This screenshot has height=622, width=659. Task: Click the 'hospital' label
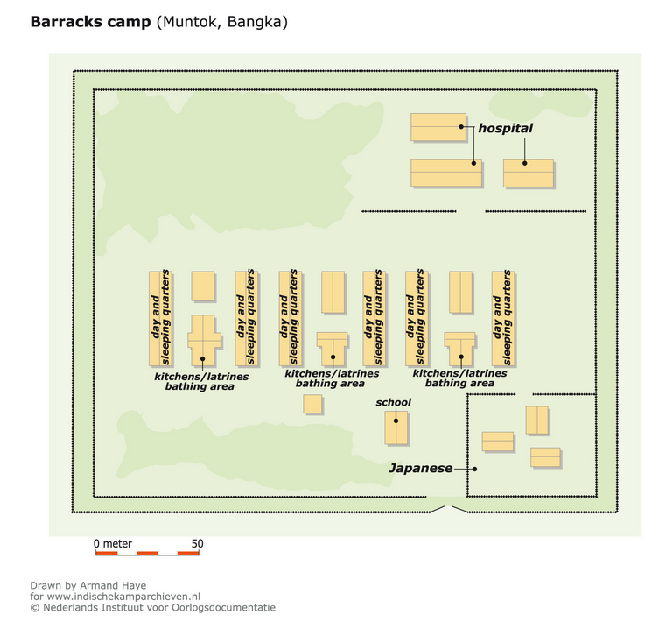(x=505, y=128)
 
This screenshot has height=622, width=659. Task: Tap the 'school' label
(x=393, y=402)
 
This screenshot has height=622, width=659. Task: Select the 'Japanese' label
(x=420, y=468)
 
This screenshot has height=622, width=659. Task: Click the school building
(x=396, y=428)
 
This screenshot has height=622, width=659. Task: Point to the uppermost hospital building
(x=438, y=127)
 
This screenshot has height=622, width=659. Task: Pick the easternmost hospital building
(x=529, y=173)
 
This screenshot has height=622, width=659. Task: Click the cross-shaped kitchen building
(x=204, y=340)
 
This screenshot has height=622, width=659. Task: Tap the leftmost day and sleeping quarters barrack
(x=159, y=318)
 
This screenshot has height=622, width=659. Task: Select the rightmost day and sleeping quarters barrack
(x=502, y=318)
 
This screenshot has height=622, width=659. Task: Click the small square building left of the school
(x=312, y=404)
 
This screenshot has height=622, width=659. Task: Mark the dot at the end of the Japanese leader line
(x=474, y=469)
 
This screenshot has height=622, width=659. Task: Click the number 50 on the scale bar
(x=197, y=544)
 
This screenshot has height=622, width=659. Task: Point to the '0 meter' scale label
(x=113, y=544)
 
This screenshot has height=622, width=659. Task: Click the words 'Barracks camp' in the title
(x=90, y=21)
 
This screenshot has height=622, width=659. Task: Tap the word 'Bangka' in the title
(x=255, y=22)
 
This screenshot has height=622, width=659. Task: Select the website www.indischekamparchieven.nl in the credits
(x=123, y=597)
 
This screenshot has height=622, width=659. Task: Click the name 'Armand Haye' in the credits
(x=113, y=585)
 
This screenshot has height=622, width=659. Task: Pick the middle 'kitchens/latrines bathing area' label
(x=332, y=378)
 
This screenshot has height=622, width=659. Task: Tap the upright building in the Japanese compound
(x=536, y=420)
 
